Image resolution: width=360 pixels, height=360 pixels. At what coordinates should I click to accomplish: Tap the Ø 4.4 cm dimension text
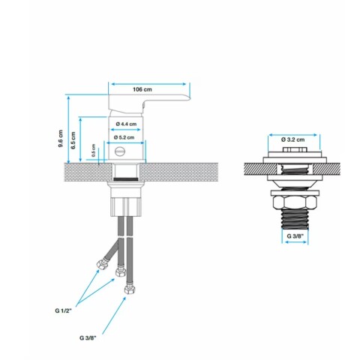[x=124, y=123]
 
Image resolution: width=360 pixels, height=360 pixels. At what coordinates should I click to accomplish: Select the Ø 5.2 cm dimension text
[x=124, y=137]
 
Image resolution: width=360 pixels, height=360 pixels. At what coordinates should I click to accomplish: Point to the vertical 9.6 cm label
[x=61, y=140]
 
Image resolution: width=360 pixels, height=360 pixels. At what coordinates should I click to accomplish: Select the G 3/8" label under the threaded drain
[x=296, y=236]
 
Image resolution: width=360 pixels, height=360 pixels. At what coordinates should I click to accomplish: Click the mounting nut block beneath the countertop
[x=124, y=203]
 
